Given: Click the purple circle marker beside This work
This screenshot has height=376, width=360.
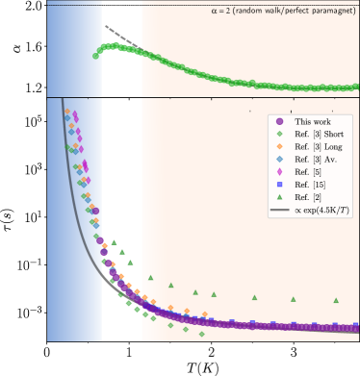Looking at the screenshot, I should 279,121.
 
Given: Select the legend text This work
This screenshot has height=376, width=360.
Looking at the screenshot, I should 310,121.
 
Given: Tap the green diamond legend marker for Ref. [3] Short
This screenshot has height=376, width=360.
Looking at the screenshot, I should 279,134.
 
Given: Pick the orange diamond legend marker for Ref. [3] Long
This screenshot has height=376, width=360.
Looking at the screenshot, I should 279,146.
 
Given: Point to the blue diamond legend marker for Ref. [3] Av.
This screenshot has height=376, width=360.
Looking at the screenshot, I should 279,159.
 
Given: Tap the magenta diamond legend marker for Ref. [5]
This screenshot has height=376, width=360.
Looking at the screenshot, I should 279,171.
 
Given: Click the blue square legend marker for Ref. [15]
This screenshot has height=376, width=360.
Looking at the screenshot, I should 279,184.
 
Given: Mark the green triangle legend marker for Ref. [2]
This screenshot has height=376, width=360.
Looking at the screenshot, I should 279,196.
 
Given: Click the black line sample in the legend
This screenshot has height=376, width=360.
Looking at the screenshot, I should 279,209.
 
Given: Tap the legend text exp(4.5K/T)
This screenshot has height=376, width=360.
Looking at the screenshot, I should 322,209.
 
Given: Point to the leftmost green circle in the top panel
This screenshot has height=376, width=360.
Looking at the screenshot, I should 95,56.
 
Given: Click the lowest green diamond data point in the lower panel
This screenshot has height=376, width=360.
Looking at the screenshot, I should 201,335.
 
